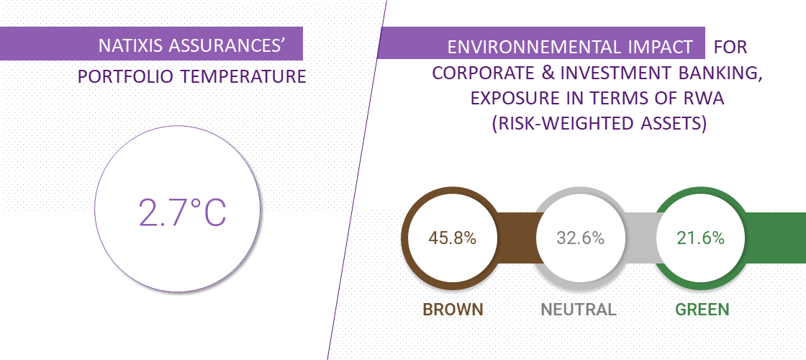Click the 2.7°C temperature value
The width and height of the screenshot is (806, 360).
click(183, 212)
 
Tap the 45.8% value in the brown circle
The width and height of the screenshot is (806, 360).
click(453, 238)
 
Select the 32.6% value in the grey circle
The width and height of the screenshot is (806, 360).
click(580, 238)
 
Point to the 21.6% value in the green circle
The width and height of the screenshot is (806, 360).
click(701, 238)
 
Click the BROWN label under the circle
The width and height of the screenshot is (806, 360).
click(453, 310)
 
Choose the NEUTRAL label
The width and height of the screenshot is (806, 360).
click(579, 310)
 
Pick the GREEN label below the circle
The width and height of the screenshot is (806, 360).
click(702, 310)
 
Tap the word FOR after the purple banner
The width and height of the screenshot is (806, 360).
click(730, 48)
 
